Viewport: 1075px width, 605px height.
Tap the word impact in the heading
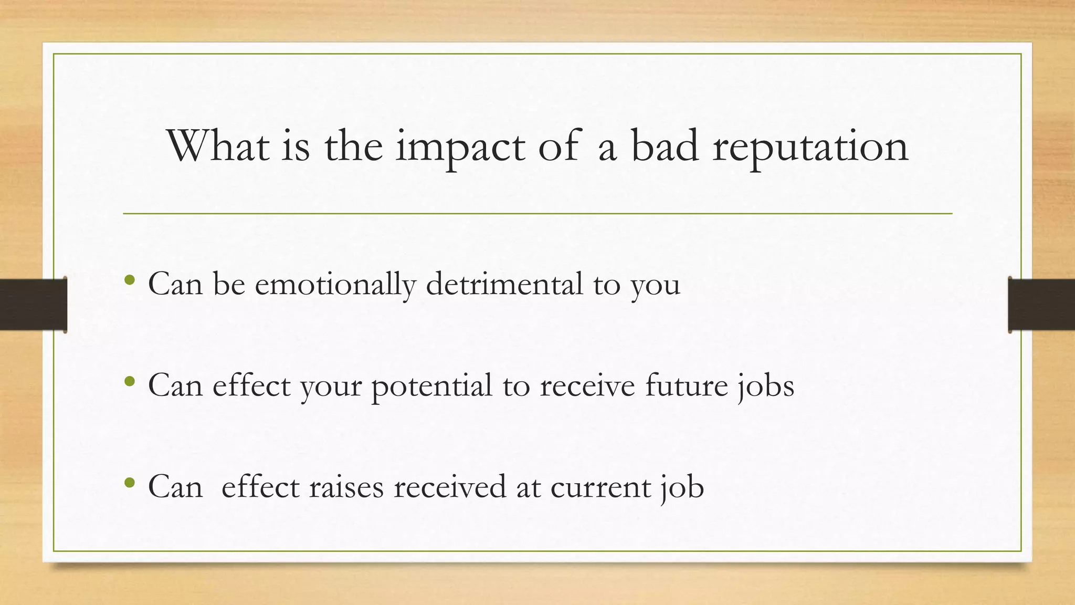[x=460, y=147]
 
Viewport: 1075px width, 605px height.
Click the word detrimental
[x=504, y=284]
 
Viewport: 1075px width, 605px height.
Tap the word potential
[x=432, y=386]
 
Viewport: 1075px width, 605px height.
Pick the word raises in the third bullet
[x=346, y=487]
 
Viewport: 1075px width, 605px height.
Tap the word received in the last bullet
[x=450, y=487]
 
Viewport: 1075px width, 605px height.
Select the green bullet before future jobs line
[x=130, y=382]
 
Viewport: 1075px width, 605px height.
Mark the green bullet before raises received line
[x=130, y=483]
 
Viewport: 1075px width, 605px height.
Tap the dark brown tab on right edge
[x=1041, y=305]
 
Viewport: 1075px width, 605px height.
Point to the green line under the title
[x=537, y=214]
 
